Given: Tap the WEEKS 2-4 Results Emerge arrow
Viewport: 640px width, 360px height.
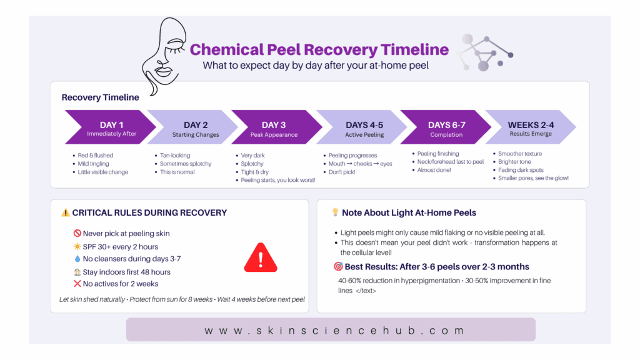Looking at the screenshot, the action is tap(531, 127).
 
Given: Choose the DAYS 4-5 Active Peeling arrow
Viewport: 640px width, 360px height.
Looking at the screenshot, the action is tap(362, 127).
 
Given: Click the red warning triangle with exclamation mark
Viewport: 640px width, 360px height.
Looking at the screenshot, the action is tap(261, 257).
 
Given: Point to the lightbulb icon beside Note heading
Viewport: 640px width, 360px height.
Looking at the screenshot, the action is tap(335, 212).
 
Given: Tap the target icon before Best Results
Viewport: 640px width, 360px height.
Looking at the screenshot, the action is tap(338, 266).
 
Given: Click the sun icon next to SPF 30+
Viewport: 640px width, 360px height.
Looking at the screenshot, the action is tap(77, 246).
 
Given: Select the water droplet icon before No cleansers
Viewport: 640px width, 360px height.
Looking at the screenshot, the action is tap(77, 259).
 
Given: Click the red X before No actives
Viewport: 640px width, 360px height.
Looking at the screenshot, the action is tap(77, 284).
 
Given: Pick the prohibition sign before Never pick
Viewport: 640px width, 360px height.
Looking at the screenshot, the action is tap(77, 233).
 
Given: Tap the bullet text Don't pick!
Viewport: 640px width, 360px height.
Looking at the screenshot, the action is tap(342, 172).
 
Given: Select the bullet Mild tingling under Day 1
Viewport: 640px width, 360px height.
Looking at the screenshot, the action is tap(94, 164).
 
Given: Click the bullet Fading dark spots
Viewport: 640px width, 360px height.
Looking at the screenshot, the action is tap(521, 170).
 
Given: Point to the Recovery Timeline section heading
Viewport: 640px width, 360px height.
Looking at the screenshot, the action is tap(101, 97).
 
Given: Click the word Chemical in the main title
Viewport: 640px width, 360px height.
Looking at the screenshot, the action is tap(227, 50).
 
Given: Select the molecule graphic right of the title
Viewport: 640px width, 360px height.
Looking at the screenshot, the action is tap(485, 53).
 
